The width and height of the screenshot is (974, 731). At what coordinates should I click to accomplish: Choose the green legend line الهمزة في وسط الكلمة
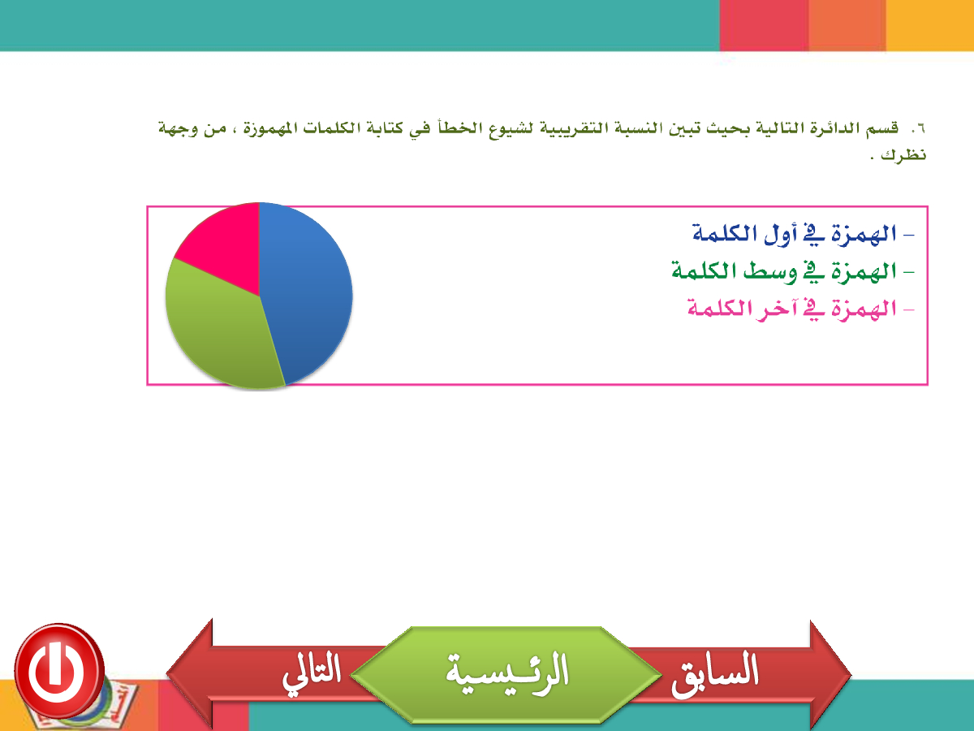pos(793,270)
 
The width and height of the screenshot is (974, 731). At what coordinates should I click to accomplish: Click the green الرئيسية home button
pos(506,675)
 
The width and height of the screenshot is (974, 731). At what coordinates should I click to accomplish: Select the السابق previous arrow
pos(737,674)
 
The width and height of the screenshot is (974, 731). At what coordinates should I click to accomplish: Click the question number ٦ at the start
pos(918,128)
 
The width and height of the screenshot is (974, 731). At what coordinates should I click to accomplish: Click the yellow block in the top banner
pos(929,25)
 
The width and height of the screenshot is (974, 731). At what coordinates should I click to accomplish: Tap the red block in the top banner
pos(764,25)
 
